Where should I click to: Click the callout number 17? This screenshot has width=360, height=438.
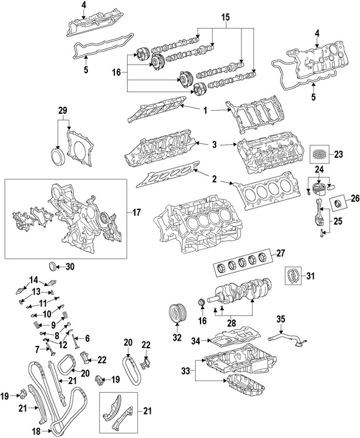coord(136,213)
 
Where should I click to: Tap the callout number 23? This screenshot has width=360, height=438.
coord(338,154)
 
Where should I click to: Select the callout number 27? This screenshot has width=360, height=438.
coord(280,253)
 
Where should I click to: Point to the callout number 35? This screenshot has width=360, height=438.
coord(281,319)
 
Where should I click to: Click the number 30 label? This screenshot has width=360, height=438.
coord(70,267)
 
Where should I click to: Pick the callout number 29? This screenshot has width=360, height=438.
coord(63,110)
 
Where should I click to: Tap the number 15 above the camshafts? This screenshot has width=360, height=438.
coord(225,18)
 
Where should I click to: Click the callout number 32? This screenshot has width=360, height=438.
coord(177,337)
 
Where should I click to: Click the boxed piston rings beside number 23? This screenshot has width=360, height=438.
coord(319,154)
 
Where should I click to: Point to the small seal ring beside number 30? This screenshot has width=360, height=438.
coord(53,266)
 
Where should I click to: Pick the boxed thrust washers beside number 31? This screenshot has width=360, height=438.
coord(293,276)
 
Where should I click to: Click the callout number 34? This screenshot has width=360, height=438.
coord(196,341)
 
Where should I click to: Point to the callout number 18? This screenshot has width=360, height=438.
coord(36,432)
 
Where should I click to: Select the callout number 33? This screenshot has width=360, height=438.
coord(185,371)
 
